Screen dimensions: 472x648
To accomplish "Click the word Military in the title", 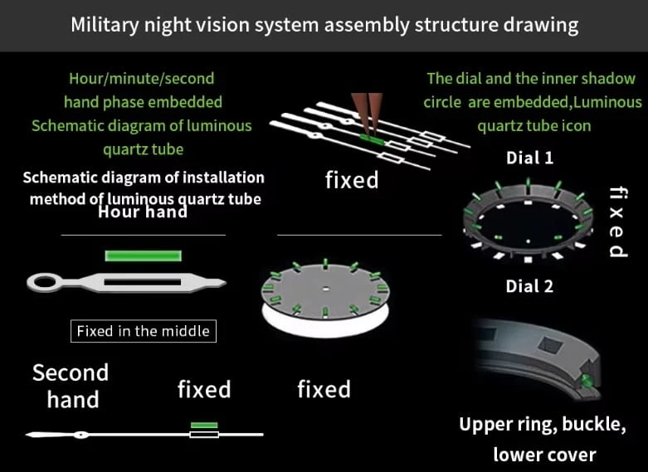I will (x=100, y=24).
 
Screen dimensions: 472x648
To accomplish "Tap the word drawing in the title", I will (x=540, y=24).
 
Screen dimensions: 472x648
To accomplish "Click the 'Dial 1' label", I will (x=529, y=158).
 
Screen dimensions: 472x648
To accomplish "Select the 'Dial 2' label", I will (x=529, y=286).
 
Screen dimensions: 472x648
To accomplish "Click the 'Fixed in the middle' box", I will (x=143, y=331).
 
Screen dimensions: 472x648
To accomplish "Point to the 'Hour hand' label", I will (x=142, y=212).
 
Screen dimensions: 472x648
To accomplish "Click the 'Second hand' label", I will (x=71, y=386).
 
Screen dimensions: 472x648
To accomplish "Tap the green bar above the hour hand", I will (x=143, y=255).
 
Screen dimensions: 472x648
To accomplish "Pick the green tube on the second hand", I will (x=203, y=426).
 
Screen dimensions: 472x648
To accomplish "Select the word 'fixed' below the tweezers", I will (x=352, y=179).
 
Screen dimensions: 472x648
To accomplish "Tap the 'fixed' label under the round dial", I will (x=324, y=389).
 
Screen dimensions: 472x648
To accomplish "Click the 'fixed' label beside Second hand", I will (x=204, y=389).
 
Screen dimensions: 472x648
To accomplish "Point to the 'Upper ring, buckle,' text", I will (x=543, y=424).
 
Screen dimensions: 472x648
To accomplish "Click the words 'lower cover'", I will (x=544, y=454).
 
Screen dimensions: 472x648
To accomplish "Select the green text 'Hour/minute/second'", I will (x=142, y=79).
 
